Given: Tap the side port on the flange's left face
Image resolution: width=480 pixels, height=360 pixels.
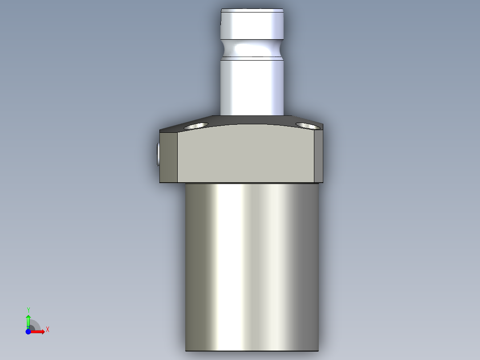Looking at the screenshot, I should point(158,155).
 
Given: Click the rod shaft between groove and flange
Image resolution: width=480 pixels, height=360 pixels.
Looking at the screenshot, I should point(252,85).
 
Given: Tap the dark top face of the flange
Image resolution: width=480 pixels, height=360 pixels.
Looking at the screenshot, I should point(249,120).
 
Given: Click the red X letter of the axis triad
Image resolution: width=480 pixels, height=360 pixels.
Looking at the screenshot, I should point(48,330).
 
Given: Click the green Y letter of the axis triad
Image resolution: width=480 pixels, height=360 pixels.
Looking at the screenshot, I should point(28,310).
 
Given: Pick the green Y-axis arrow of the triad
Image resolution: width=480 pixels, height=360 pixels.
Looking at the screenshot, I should point(28,321).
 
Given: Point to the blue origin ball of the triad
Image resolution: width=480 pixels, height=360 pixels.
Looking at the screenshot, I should point(28,331).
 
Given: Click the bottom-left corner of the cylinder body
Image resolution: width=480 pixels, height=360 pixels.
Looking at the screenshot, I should point(186,350).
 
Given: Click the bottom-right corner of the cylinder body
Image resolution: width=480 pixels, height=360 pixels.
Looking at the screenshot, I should point(318,350).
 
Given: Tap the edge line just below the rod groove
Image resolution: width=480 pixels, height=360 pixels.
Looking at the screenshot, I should point(252,56).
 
